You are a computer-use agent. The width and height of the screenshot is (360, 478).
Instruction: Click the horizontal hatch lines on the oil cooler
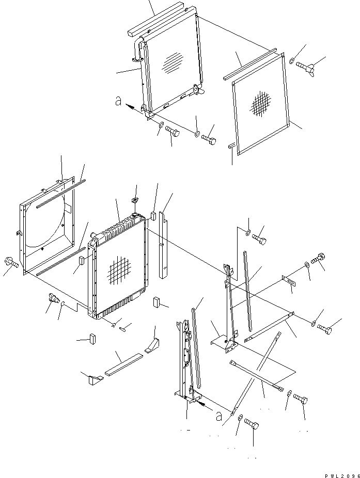pyautogui.click(x=173, y=63)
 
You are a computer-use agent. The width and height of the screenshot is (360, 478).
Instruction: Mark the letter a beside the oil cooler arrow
pyautogui.click(x=118, y=102)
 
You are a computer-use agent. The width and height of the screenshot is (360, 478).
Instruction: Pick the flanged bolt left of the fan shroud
pyautogui.click(x=11, y=263)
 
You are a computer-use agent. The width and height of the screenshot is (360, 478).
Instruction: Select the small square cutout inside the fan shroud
pyautogui.click(x=67, y=208)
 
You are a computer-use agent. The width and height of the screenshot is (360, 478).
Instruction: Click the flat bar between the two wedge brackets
pyautogui.click(x=123, y=364)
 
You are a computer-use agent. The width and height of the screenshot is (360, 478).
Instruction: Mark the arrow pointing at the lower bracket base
pyautogui.click(x=205, y=407)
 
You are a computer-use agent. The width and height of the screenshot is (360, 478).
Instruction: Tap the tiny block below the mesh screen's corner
pyautogui.click(x=231, y=146)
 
